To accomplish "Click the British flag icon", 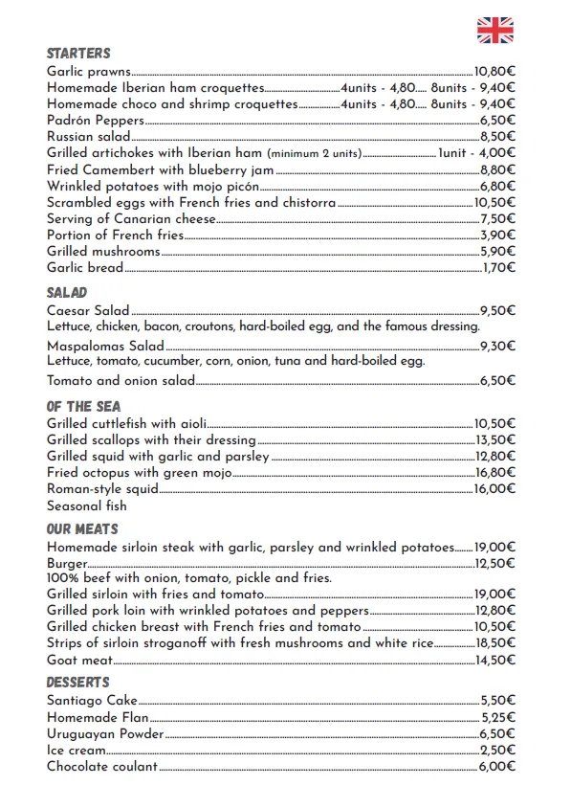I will (494, 31).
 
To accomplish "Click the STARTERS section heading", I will (78, 54).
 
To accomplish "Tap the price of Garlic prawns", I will (494, 71).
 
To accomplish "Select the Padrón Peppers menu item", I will (96, 121).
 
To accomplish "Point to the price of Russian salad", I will (497, 137).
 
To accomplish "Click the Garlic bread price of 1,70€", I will (498, 268).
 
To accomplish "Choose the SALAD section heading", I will (67, 293).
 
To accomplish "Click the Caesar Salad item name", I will (87, 310).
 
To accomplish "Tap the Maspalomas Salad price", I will (497, 346).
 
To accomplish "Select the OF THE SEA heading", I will (83, 407).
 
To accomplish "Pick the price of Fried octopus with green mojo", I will (494, 473).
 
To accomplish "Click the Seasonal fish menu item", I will (86, 505).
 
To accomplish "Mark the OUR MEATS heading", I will (82, 529).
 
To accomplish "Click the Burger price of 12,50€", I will (494, 564).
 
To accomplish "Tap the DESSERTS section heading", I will (77, 683).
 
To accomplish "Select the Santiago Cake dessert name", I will (92, 701).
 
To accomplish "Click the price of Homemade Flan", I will (497, 717).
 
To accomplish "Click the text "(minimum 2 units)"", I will (314, 154).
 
